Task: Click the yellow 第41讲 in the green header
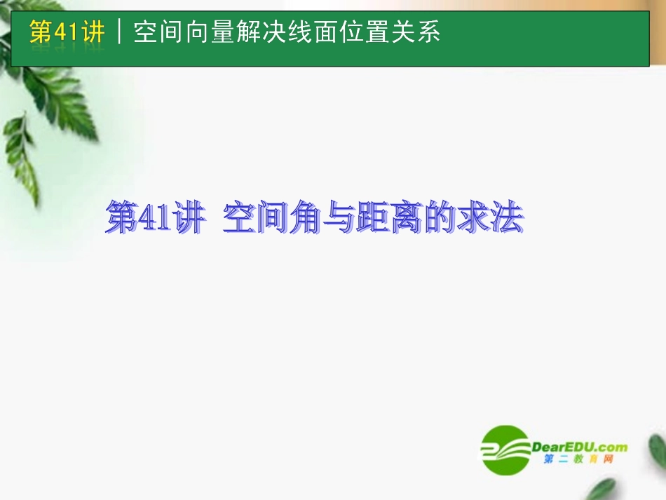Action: point(67,32)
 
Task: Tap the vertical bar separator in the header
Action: point(120,32)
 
